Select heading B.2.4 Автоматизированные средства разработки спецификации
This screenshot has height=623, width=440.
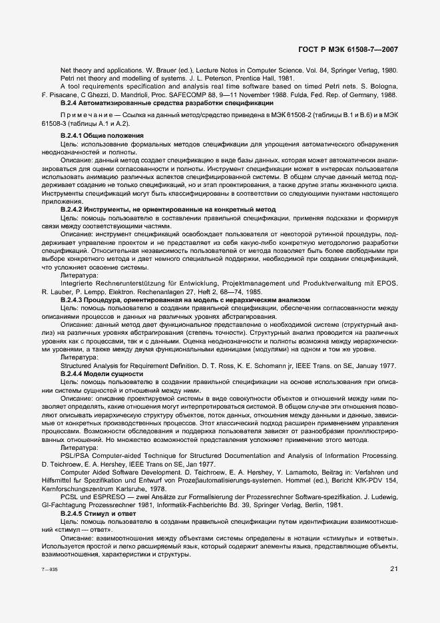pyautogui.click(x=166, y=103)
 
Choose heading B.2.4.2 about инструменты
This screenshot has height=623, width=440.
pyautogui.click(x=168, y=209)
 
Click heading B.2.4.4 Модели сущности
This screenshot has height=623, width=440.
pyautogui.click(x=102, y=374)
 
